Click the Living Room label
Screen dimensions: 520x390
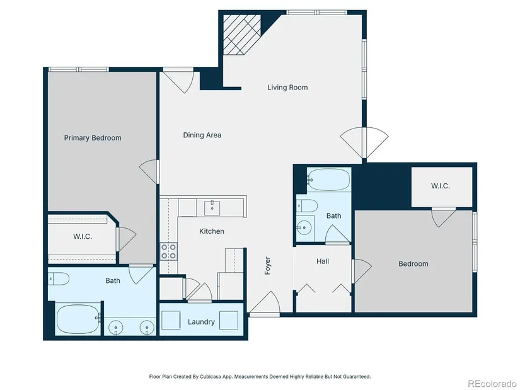pyautogui.click(x=287, y=88)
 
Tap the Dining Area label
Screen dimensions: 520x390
pyautogui.click(x=202, y=135)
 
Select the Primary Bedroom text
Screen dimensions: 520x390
pyautogui.click(x=93, y=138)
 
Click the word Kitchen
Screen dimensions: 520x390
pyautogui.click(x=212, y=231)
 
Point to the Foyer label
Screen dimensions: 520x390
pyautogui.click(x=268, y=266)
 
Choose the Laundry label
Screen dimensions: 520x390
pyautogui.click(x=201, y=322)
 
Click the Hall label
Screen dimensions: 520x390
pyautogui.click(x=323, y=261)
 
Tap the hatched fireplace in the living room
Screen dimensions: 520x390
pyautogui.click(x=242, y=34)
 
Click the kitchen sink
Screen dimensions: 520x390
pyautogui.click(x=212, y=208)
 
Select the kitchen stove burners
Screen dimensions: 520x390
pyautogui.click(x=168, y=251)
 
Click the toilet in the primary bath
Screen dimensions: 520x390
pyautogui.click(x=59, y=278)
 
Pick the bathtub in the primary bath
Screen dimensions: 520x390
pyautogui.click(x=78, y=319)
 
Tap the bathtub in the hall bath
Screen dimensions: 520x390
pyautogui.click(x=329, y=179)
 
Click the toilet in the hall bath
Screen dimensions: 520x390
pyautogui.click(x=307, y=206)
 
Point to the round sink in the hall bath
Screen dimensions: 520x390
pyautogui.click(x=303, y=227)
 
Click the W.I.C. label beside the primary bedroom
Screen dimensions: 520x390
pyautogui.click(x=83, y=236)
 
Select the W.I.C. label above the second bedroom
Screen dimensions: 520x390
pyautogui.click(x=441, y=186)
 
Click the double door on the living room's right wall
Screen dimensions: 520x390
pyautogui.click(x=364, y=142)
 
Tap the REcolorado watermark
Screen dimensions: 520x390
pyautogui.click(x=492, y=383)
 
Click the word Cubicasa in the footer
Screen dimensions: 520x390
pyautogui.click(x=211, y=376)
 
